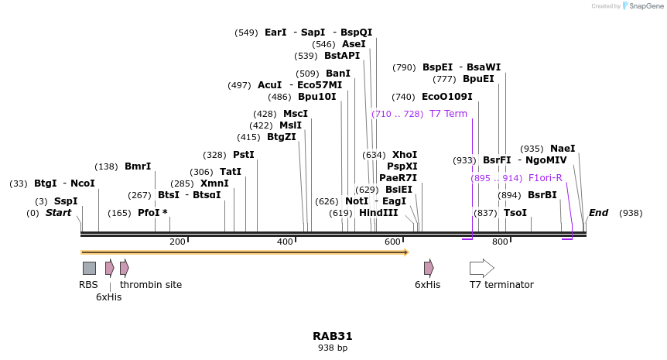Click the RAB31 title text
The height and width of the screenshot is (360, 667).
click(x=333, y=336)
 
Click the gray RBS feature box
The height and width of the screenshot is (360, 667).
click(x=89, y=268)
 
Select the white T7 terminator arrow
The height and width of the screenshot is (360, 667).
click(x=481, y=268)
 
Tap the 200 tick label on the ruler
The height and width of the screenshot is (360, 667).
click(x=177, y=242)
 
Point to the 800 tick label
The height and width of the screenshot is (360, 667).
click(x=500, y=242)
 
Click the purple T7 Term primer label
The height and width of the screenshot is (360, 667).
click(x=448, y=114)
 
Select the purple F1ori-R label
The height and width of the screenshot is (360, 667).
click(x=545, y=178)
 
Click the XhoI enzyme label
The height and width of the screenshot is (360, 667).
click(x=404, y=155)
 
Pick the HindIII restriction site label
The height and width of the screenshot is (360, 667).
click(x=378, y=213)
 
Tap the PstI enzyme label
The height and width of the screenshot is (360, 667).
click(x=243, y=155)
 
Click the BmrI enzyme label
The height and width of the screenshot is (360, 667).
click(x=138, y=166)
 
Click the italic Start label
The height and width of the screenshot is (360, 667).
click(x=58, y=213)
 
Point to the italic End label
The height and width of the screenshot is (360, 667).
click(x=598, y=213)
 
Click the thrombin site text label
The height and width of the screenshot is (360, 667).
click(x=151, y=285)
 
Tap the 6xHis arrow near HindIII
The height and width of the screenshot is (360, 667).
click(x=429, y=268)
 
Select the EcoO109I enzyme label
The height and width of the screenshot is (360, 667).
click(x=446, y=97)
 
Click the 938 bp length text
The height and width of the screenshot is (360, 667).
click(x=333, y=348)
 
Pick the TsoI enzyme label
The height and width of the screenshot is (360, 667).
click(x=515, y=213)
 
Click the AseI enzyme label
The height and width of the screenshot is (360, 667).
click(x=354, y=44)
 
